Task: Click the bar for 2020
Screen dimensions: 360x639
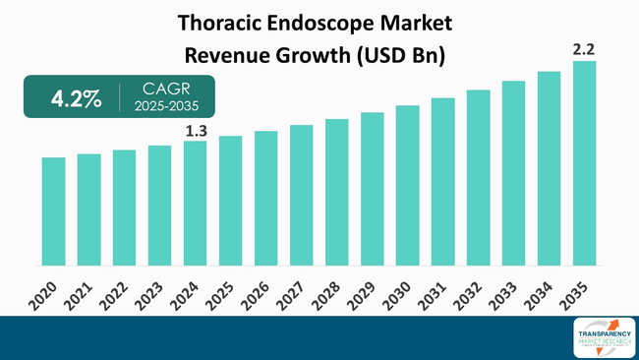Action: click(x=53, y=211)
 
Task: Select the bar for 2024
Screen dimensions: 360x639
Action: click(x=195, y=204)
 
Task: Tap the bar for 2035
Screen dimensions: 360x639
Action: click(x=584, y=163)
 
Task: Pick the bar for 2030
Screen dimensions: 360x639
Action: click(x=407, y=185)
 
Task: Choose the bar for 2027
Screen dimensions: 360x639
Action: click(x=301, y=195)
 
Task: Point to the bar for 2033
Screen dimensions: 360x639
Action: click(x=513, y=173)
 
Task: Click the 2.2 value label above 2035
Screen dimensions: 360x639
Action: click(x=584, y=47)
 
